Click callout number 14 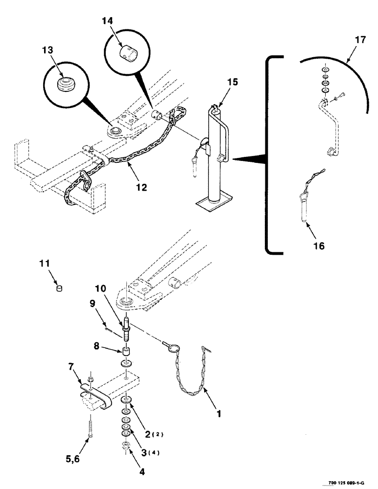click(108, 21)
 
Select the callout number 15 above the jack click(232, 82)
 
